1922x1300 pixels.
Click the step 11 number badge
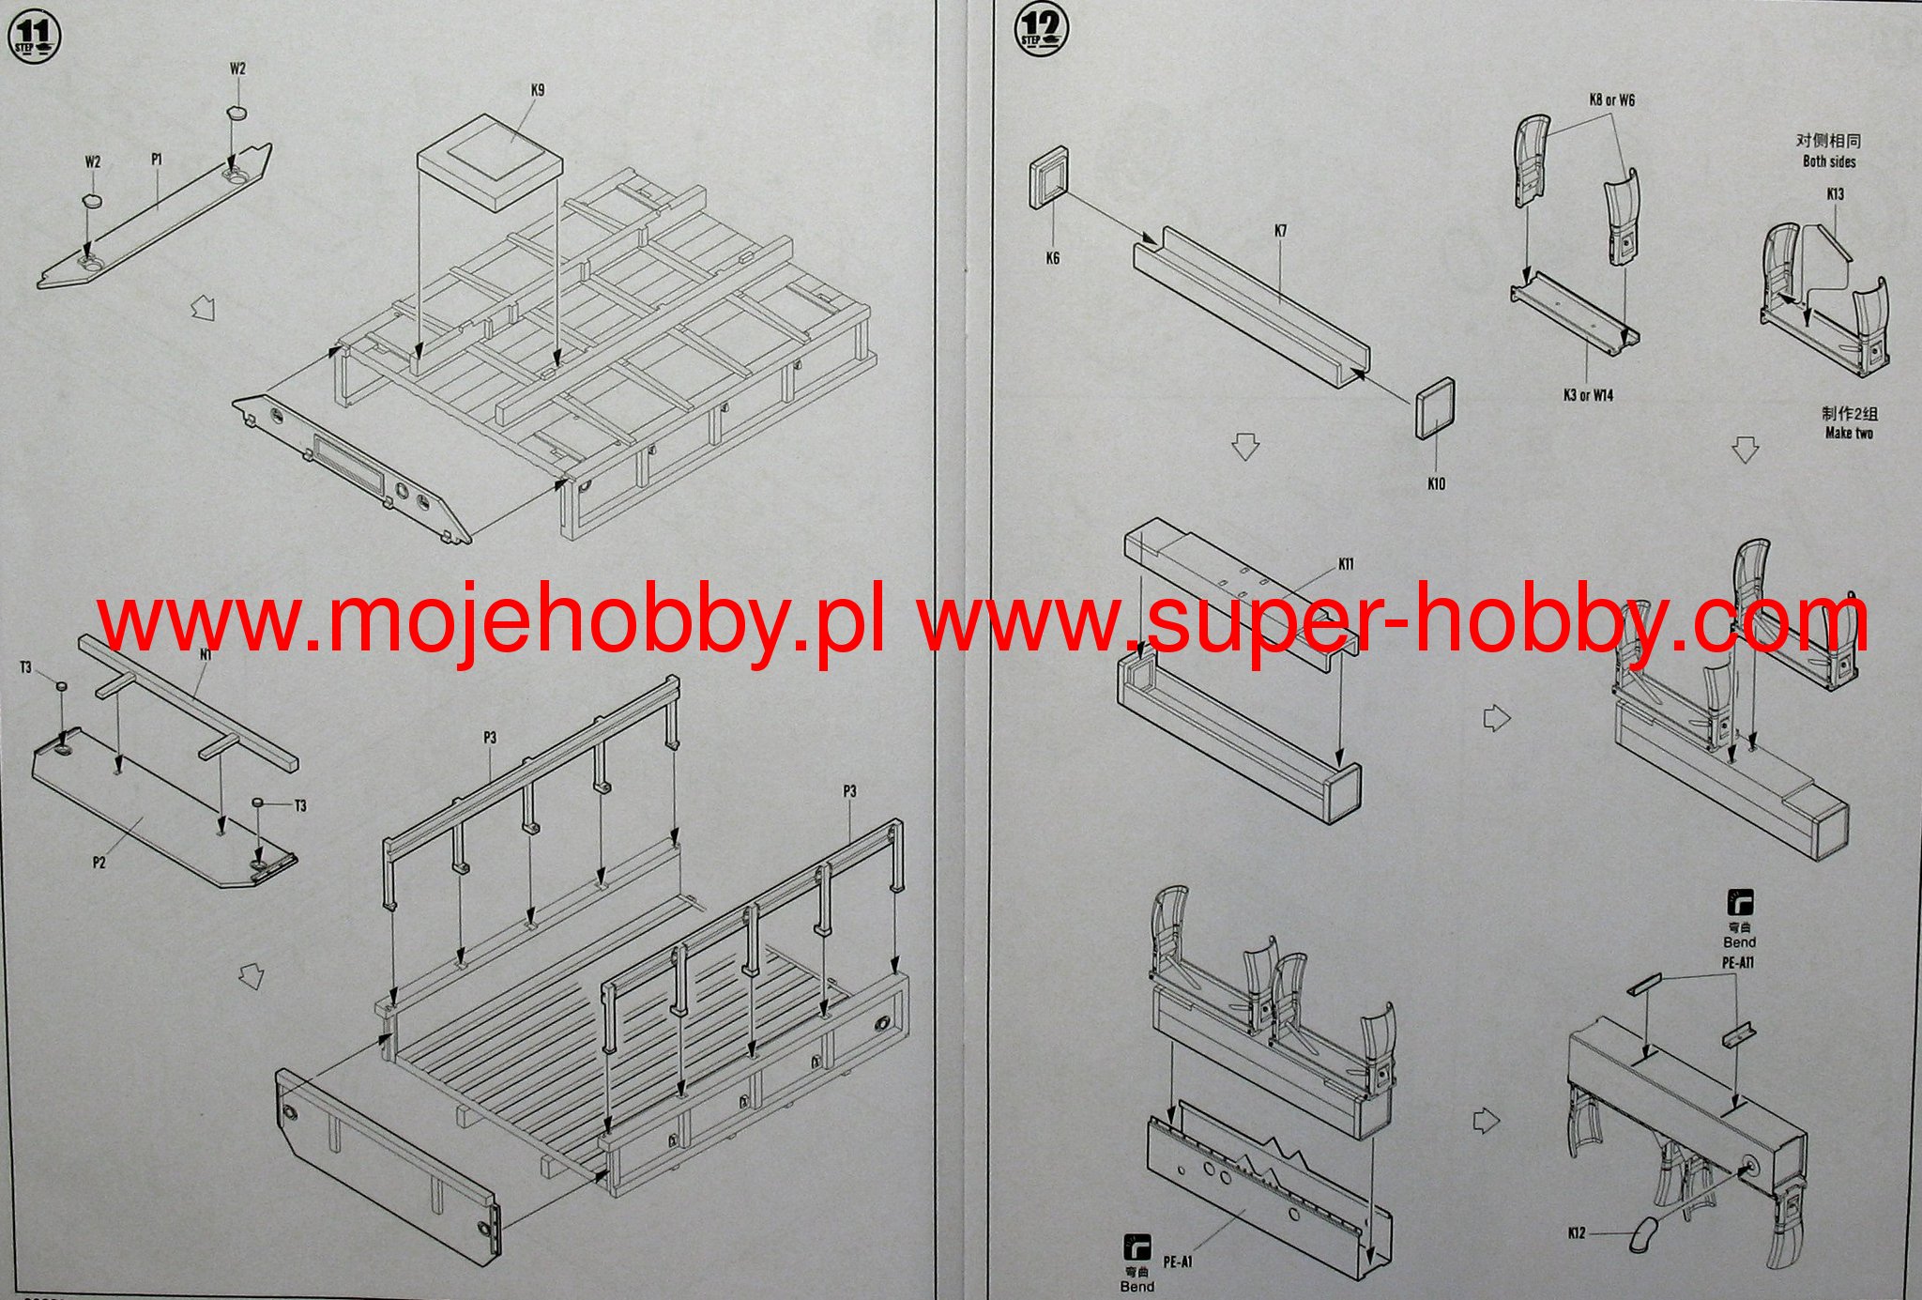click(x=33, y=38)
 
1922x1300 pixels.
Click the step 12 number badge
click(x=1042, y=30)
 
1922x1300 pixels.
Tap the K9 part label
click(x=537, y=90)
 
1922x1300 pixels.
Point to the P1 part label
click(x=157, y=160)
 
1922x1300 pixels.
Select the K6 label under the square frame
click(x=1052, y=258)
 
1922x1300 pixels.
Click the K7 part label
click(x=1280, y=231)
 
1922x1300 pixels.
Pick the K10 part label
click(x=1436, y=483)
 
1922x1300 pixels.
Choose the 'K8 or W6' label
click(x=1611, y=100)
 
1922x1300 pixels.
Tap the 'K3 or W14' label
click(x=1588, y=395)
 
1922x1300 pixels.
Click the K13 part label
click(x=1835, y=194)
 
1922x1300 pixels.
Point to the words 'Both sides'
click(x=1829, y=161)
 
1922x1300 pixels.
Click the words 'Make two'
click(x=1849, y=433)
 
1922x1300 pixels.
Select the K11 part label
click(x=1346, y=564)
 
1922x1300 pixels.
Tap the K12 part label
click(x=1577, y=1232)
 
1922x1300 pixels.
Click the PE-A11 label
click(x=1738, y=962)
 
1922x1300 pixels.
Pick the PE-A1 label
click(x=1178, y=1262)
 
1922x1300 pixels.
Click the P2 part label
click(x=99, y=863)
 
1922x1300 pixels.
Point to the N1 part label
click(x=206, y=655)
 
